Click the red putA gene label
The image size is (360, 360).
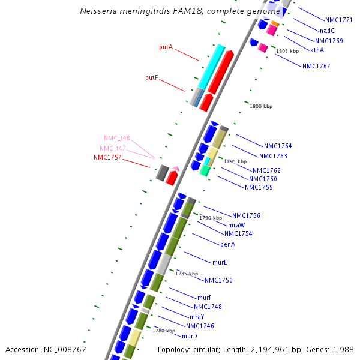pos(166,47)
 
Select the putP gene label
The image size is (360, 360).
pos(152,78)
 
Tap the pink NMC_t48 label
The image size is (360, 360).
pos(116,138)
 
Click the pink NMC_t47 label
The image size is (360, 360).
pos(112,148)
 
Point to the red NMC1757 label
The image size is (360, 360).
pos(107,158)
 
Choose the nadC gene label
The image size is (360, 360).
pos(327,31)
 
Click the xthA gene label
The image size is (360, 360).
pos(317,50)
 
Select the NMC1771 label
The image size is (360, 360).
pos(338,20)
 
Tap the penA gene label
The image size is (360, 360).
pos(227,244)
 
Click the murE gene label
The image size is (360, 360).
pos(220,262)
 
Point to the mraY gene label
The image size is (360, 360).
pos(197,317)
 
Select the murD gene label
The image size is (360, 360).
pos(190,336)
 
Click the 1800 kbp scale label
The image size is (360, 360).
pos(261,106)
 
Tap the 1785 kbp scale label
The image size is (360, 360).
pos(187,274)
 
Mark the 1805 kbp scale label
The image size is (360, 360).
pos(287,51)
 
